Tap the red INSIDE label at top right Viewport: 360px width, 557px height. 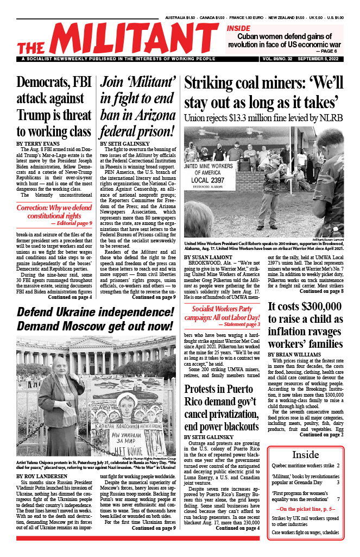coord(238,28)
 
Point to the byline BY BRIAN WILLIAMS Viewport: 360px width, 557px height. coord(294,354)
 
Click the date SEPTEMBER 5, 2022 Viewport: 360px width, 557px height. coord(320,59)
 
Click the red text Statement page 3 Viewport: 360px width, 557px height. coord(234,309)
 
